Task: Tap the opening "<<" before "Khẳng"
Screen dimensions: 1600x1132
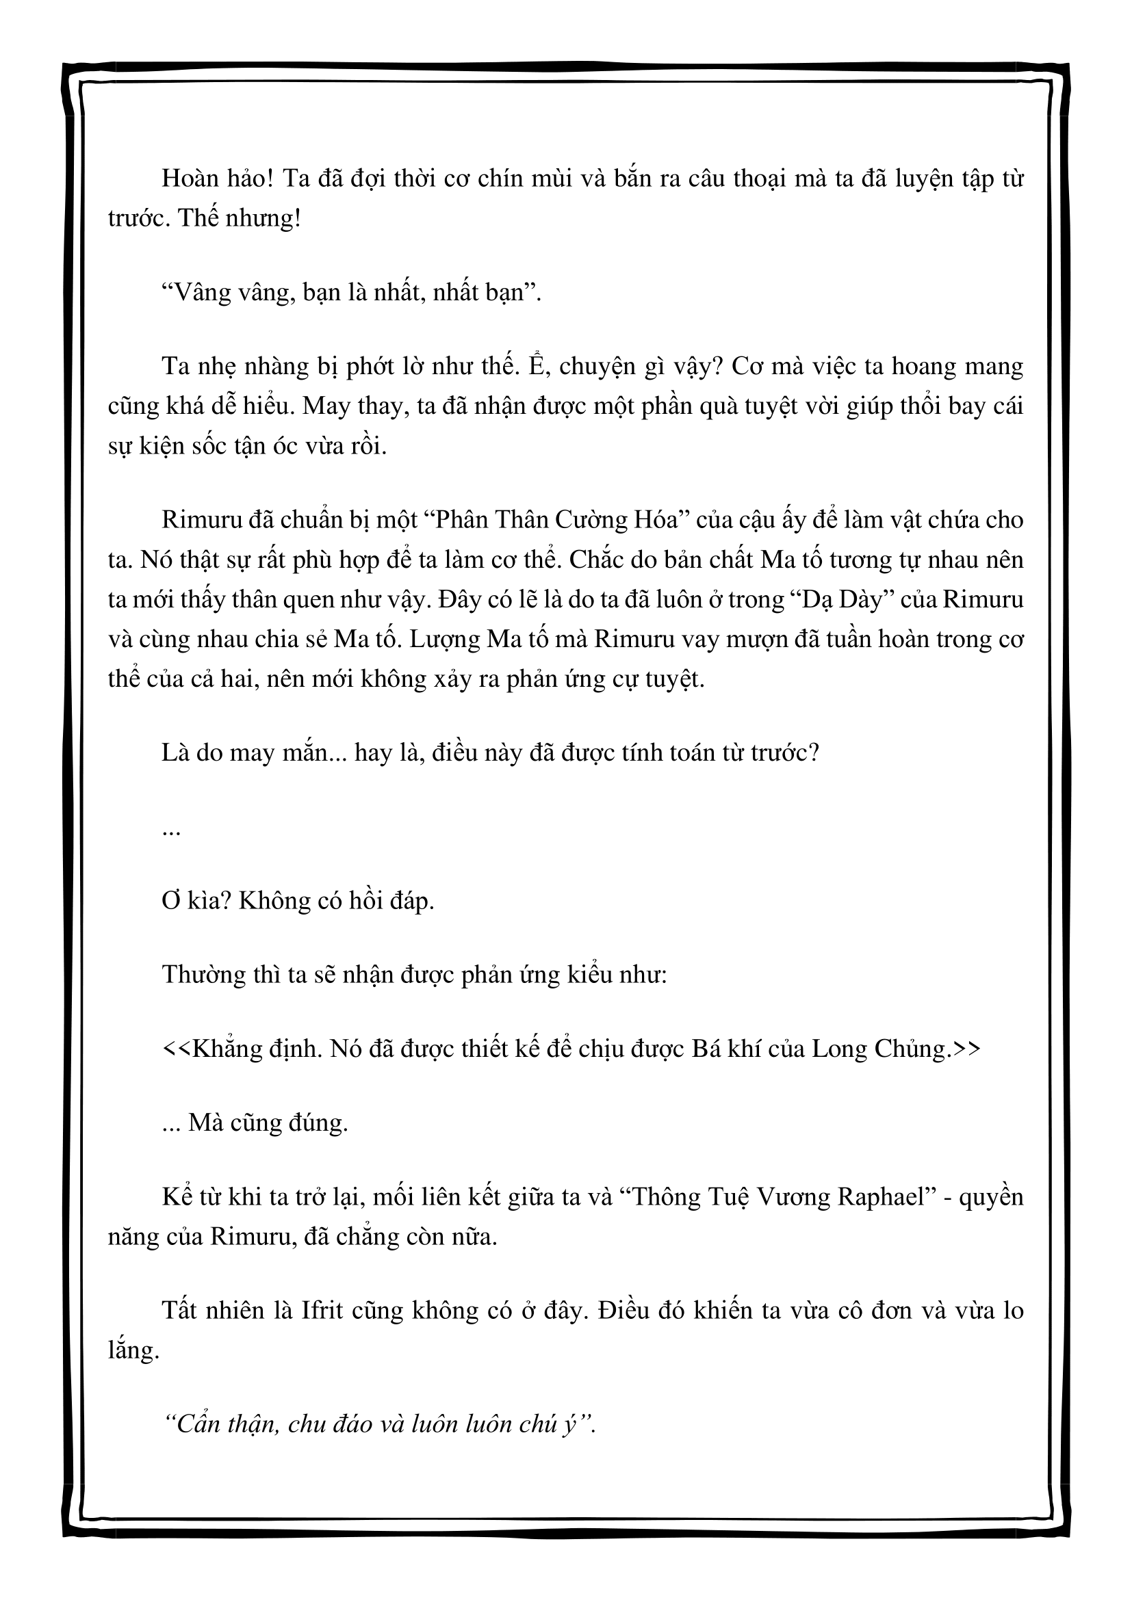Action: pyautogui.click(x=175, y=1049)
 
